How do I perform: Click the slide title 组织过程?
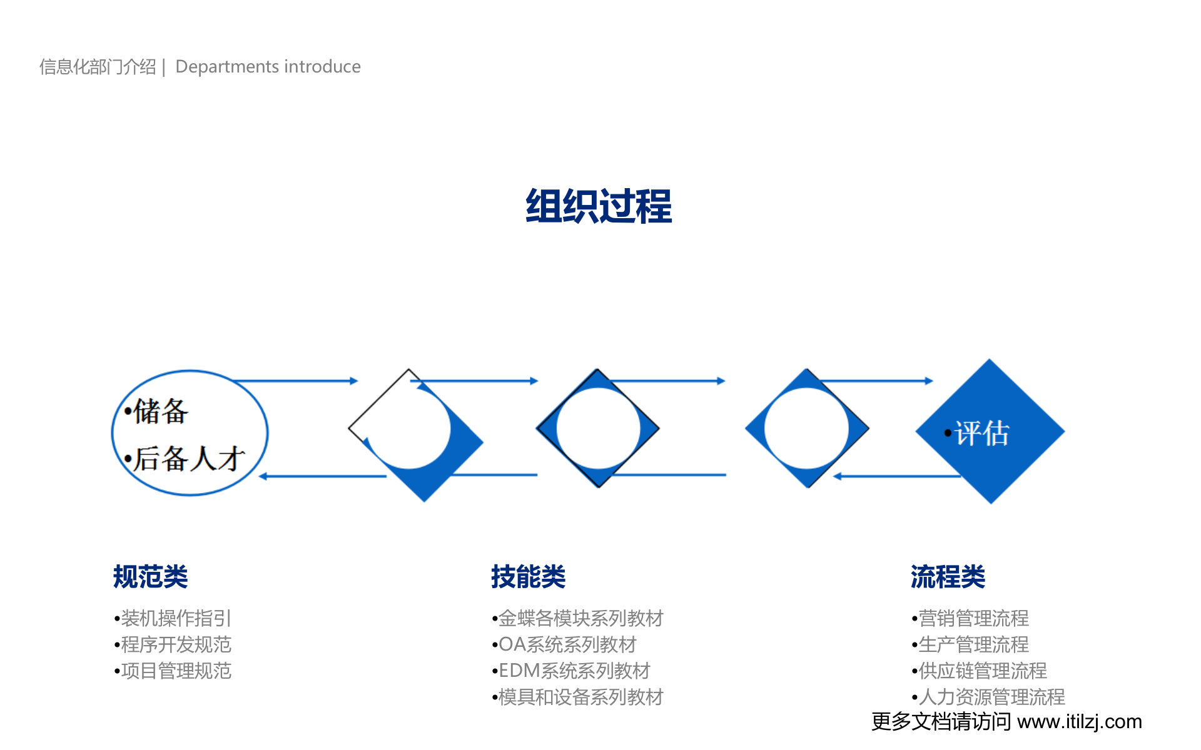point(599,206)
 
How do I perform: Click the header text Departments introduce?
point(268,67)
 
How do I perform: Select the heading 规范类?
point(150,576)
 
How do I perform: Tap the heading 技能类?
point(528,576)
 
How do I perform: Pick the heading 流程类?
point(948,576)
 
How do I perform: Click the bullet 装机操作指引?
point(176,618)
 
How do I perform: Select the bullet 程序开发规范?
point(176,644)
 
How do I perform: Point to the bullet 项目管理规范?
point(176,671)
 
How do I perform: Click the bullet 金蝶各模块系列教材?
point(580,618)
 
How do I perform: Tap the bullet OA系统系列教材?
point(567,644)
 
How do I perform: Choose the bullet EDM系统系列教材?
point(574,671)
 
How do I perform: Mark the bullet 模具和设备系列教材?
point(580,697)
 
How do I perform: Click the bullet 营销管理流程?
point(973,618)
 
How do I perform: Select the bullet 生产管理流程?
point(973,644)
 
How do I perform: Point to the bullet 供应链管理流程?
point(982,671)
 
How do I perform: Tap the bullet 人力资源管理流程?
point(991,697)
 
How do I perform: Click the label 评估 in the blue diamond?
point(981,433)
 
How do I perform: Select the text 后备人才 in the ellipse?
point(188,459)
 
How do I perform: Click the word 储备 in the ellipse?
point(161,411)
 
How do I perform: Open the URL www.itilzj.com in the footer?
point(1080,722)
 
